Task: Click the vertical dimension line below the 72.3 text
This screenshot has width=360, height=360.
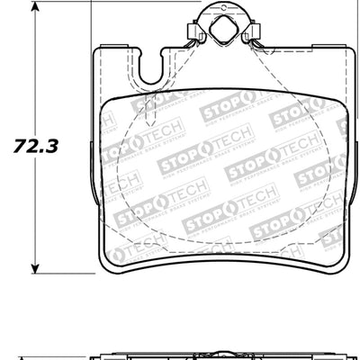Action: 35,207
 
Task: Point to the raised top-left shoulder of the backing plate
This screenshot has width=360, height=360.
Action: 117,50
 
